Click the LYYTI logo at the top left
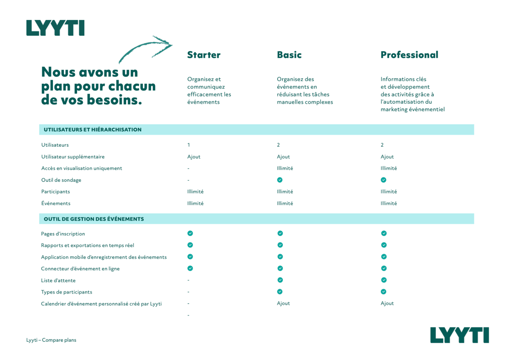pos(55,28)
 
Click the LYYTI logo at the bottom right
pos(459,335)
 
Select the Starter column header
pos(204,55)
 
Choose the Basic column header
pos(289,55)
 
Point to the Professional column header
pos(409,55)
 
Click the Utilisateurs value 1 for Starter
pos(189,145)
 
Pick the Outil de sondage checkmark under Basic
pos(280,180)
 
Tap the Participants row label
pos(55,192)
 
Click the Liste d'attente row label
pos(58,280)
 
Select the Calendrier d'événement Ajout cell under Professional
pos(387,303)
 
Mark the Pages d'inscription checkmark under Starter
pos(190,233)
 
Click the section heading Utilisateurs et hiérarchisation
pos(93,129)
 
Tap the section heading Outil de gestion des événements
pos(94,219)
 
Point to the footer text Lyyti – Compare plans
pos(51,340)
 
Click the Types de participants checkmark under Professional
pos(384,291)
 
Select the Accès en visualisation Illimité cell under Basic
pos(285,168)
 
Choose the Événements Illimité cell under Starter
pos(195,203)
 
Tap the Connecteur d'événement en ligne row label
pos(80,269)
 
